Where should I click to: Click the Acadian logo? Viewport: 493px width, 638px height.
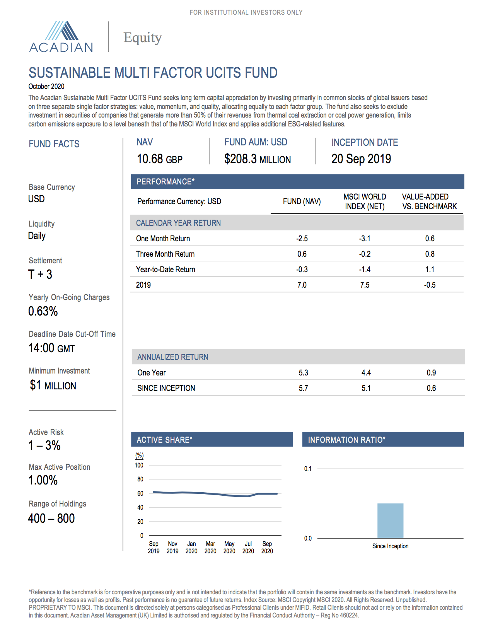pos(61,37)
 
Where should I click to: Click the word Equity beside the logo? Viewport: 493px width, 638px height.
pos(142,38)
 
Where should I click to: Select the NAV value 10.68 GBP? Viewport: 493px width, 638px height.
pos(159,159)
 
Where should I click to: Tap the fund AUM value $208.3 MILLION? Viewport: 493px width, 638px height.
pos(257,159)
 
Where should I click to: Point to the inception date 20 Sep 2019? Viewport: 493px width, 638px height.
pos(361,159)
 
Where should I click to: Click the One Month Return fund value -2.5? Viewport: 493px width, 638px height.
pos(302,239)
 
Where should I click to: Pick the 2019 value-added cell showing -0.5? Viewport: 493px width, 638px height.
pos(430,285)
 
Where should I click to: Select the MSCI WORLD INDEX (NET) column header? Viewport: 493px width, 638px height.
pos(365,201)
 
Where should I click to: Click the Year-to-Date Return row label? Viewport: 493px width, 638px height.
pos(165,270)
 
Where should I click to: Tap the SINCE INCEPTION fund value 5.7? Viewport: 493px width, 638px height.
pos(303,388)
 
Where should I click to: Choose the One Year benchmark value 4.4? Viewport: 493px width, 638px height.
pos(366,373)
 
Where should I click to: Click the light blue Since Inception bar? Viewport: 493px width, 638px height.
pos(390,521)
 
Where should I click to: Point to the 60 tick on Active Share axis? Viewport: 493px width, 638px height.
pos(140,493)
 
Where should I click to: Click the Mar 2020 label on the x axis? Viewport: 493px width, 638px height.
pos(210,547)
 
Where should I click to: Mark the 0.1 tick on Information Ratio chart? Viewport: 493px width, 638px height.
pos(308,469)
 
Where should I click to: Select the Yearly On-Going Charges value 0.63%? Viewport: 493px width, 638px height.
pos(43,311)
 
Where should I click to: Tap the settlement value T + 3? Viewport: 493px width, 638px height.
pos(40,275)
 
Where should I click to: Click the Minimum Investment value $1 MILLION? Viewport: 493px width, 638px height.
pos(53,386)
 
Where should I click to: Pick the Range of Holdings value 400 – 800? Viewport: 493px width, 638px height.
pos(51,519)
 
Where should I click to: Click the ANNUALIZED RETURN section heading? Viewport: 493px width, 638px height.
pos(173,357)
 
